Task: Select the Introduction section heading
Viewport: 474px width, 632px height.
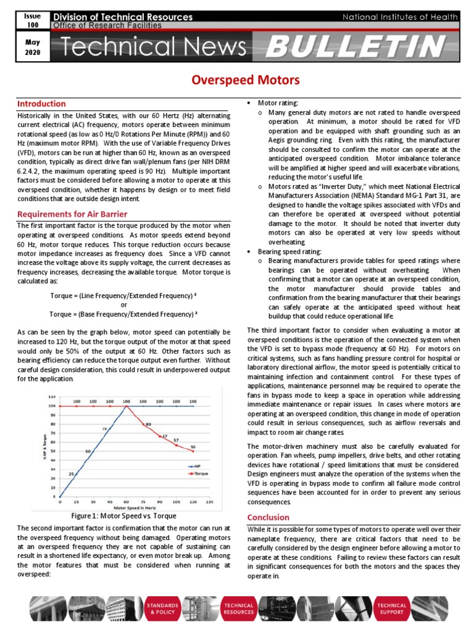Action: (x=41, y=104)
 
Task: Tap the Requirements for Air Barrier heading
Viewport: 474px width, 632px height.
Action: (x=72, y=214)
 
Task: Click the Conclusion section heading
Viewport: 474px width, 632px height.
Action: (x=268, y=517)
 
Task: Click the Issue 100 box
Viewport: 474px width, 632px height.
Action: (x=31, y=20)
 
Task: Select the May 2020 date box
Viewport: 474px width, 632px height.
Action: (x=31, y=48)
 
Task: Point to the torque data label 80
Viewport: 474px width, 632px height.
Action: (x=148, y=425)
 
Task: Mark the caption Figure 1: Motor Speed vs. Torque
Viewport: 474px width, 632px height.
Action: (x=123, y=515)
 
